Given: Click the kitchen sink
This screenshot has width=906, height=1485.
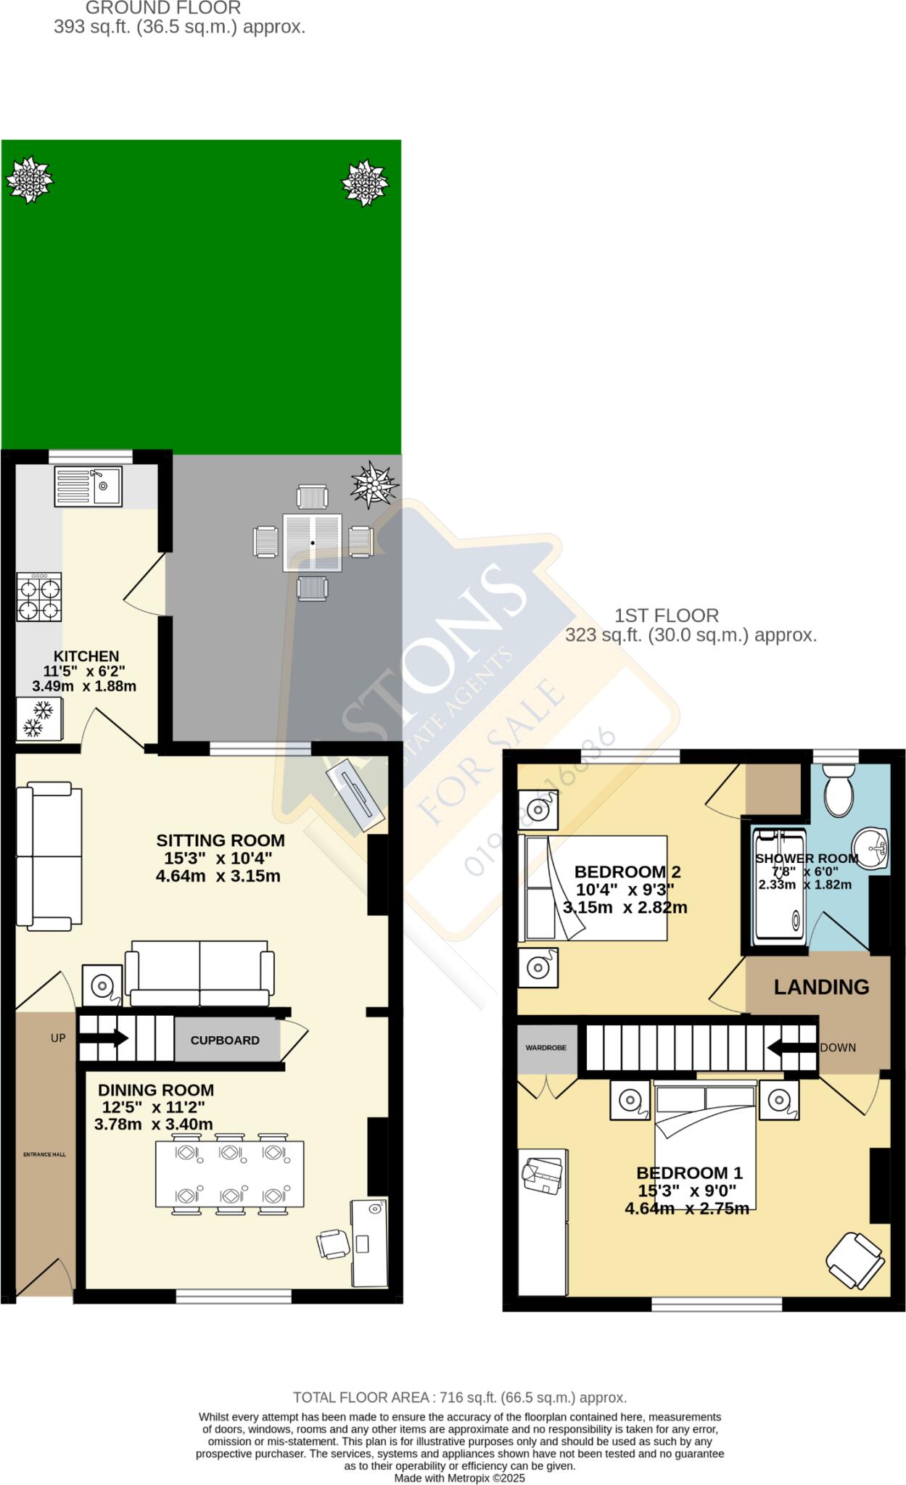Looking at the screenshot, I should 88,486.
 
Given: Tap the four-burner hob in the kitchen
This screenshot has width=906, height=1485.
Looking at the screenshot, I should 39,597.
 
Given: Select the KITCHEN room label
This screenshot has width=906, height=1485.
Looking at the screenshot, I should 86,656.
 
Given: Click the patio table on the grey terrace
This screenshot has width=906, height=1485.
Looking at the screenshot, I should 313,542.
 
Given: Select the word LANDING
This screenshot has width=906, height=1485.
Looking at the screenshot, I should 821,987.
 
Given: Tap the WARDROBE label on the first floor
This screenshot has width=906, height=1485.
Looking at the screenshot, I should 546,1048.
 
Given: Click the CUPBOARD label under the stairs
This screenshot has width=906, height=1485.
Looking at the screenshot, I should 225,1041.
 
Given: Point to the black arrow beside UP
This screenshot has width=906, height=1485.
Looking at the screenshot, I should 103,1039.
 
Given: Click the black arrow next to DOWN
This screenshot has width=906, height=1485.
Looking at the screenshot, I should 792,1047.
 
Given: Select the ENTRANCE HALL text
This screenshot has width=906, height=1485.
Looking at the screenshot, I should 44,1154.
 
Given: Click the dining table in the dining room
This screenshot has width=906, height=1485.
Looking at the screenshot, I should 229,1175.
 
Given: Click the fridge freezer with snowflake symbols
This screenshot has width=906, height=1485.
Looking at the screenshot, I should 39,719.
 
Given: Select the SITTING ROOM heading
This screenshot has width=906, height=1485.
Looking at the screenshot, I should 221,840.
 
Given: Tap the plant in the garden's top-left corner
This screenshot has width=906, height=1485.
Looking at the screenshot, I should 30,179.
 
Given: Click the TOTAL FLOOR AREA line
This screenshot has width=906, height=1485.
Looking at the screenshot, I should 460,1397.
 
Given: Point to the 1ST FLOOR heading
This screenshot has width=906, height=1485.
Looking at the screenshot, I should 667,616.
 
